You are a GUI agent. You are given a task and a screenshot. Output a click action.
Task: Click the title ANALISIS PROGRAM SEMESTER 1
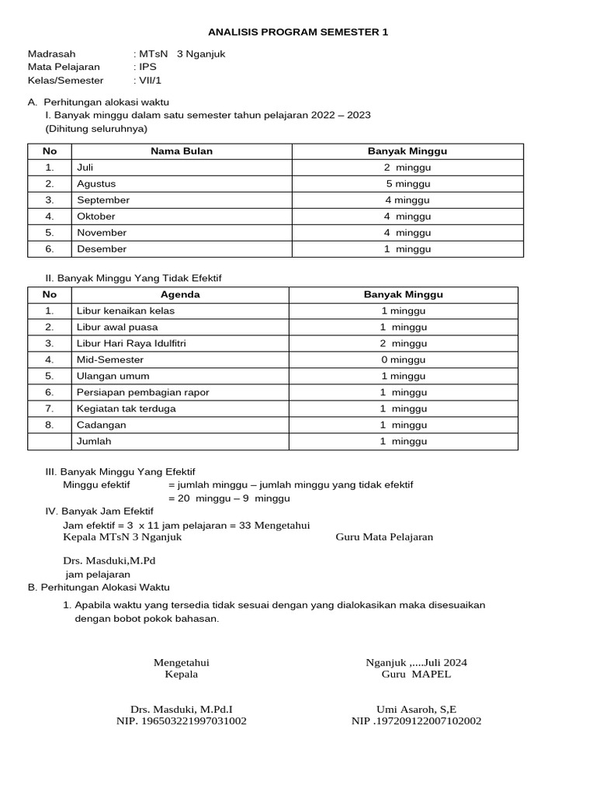[298, 32]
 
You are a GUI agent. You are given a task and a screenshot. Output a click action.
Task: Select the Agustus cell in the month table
[96, 184]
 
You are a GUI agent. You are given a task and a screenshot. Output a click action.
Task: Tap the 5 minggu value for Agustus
[407, 184]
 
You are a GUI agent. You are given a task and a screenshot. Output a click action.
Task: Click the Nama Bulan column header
[182, 151]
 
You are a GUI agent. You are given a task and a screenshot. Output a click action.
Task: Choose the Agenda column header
[180, 294]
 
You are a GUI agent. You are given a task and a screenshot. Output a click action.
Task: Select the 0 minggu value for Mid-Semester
[403, 359]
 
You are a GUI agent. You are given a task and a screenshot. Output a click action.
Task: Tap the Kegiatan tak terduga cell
[126, 408]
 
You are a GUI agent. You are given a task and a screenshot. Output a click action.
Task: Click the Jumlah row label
[94, 441]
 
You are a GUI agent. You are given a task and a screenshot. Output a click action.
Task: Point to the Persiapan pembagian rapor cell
[143, 392]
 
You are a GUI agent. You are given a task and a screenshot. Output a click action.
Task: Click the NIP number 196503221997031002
[181, 721]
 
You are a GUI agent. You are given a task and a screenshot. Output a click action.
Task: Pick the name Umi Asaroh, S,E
[416, 709]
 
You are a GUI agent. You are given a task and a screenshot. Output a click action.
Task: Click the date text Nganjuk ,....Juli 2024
[416, 662]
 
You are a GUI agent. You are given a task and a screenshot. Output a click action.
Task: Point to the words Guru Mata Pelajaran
[384, 536]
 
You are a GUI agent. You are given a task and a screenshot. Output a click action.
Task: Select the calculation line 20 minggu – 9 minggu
[229, 498]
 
